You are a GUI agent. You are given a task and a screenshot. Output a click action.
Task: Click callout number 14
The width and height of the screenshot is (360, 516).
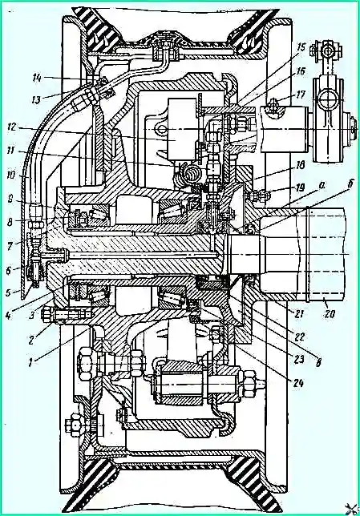click(38, 79)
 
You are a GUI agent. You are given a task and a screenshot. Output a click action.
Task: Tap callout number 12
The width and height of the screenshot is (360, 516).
click(14, 127)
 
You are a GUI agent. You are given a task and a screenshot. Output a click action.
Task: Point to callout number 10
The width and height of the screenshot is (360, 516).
click(12, 175)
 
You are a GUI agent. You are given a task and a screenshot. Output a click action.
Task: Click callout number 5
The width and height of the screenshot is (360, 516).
click(10, 292)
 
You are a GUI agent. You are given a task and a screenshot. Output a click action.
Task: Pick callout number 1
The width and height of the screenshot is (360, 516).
click(31, 363)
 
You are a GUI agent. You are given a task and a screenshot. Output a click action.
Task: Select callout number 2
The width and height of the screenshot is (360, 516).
click(31, 340)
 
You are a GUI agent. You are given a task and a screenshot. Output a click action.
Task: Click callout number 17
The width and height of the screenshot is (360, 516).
click(300, 95)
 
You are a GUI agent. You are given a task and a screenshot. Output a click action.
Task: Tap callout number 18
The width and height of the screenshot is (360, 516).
click(299, 164)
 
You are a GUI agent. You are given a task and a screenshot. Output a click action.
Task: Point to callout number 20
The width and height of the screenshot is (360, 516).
click(329, 314)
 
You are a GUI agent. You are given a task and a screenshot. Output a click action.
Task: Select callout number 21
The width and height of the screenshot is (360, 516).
click(300, 313)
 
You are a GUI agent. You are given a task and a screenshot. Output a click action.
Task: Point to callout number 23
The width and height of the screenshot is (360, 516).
click(298, 360)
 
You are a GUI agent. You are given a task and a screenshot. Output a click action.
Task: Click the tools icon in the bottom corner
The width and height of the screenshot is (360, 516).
click(353, 510)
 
